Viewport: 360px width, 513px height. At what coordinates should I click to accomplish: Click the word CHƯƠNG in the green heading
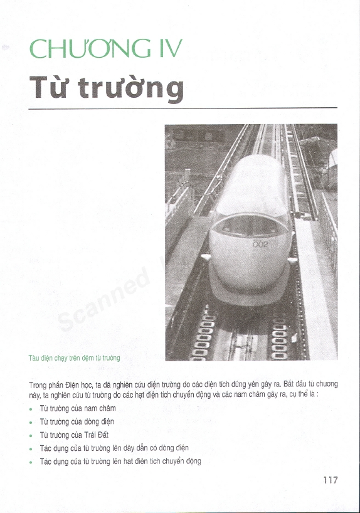(85, 50)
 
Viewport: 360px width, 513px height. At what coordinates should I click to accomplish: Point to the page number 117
(331, 480)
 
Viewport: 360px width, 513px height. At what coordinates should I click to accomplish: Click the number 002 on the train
(260, 245)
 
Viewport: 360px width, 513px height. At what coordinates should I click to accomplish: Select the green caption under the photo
(74, 357)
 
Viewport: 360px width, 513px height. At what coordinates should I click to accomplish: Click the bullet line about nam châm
(78, 408)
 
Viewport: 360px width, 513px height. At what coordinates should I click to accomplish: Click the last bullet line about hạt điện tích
(120, 461)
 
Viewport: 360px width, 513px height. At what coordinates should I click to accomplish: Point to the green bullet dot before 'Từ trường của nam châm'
(31, 409)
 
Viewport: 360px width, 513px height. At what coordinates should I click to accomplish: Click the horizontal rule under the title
(183, 108)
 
